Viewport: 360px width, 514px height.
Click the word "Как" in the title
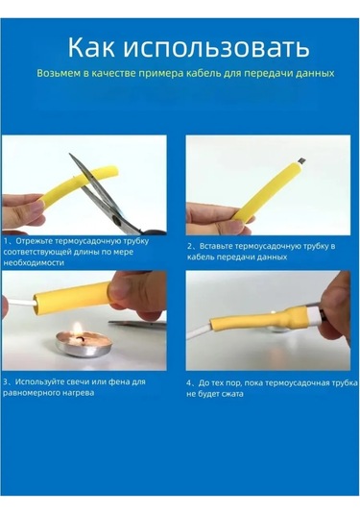(x=91, y=48)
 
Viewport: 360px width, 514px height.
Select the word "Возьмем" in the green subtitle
(x=59, y=73)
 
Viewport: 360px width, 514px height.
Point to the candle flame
(x=78, y=328)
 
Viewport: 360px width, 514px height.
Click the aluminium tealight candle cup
(x=84, y=345)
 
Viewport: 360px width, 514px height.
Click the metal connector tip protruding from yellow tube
(x=302, y=160)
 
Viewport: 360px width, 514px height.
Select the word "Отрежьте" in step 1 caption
(x=34, y=241)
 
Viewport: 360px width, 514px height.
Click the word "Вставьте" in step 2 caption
(x=217, y=246)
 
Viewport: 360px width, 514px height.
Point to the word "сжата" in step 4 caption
(x=232, y=394)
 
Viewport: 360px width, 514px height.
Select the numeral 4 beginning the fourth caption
(x=189, y=383)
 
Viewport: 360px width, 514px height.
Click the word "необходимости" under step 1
(x=34, y=262)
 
